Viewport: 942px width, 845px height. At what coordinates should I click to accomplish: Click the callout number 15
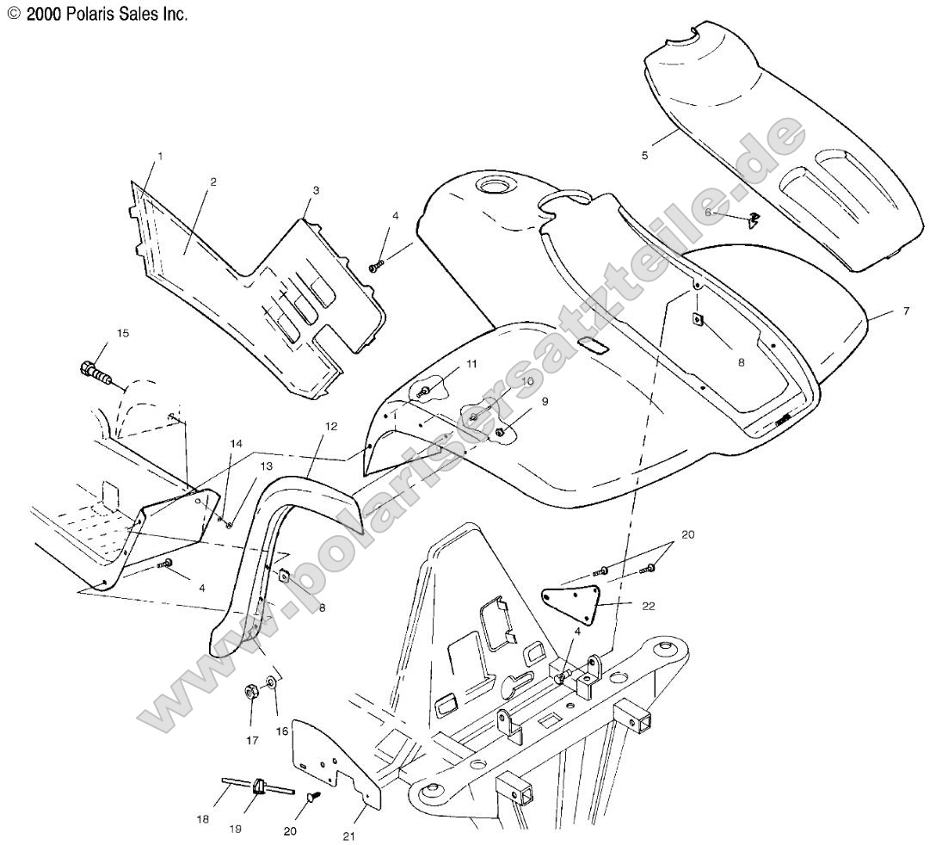pyautogui.click(x=122, y=333)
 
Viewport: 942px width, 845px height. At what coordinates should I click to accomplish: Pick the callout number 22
pyautogui.click(x=649, y=606)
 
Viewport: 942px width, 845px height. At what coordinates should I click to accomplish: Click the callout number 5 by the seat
pyautogui.click(x=644, y=155)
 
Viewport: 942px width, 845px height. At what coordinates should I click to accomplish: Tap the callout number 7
pyautogui.click(x=906, y=311)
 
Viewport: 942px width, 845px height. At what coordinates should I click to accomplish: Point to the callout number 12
pyautogui.click(x=331, y=426)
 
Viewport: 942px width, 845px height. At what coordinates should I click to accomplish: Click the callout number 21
pyautogui.click(x=349, y=836)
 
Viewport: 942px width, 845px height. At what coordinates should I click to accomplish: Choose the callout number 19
pyautogui.click(x=235, y=829)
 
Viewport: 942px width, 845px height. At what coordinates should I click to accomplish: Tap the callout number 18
pyautogui.click(x=203, y=819)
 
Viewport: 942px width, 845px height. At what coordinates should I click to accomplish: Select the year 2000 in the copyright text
pyautogui.click(x=44, y=15)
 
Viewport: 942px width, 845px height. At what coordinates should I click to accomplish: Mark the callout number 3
pyautogui.click(x=316, y=190)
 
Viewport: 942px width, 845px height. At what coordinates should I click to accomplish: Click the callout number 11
pyautogui.click(x=471, y=363)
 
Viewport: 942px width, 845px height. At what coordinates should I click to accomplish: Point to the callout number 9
pyautogui.click(x=545, y=402)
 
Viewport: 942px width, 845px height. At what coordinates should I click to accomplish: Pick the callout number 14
pyautogui.click(x=236, y=443)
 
